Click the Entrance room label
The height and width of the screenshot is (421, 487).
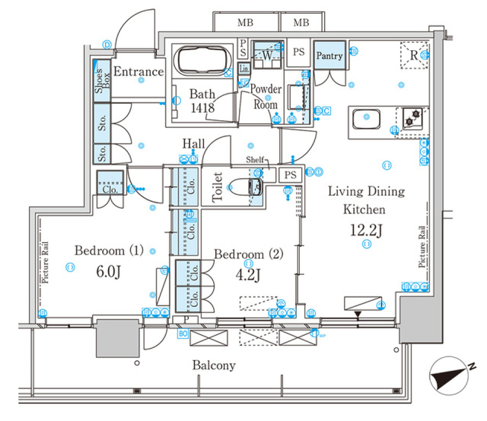point(138,72)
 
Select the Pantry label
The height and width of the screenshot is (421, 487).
point(330,56)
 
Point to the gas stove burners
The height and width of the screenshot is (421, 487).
point(411,119)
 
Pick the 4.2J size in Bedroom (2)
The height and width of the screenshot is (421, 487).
point(249,275)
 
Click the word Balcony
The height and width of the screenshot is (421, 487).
point(214,365)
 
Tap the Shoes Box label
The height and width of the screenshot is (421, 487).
point(102,81)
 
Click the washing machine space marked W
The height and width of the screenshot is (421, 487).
point(267,55)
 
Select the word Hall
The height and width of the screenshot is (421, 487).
point(194,144)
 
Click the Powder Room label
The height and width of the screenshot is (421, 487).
point(266,97)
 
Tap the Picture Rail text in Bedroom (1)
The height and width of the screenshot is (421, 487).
point(46,262)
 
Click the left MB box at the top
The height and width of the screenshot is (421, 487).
point(245,22)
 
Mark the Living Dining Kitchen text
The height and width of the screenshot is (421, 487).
point(366,200)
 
